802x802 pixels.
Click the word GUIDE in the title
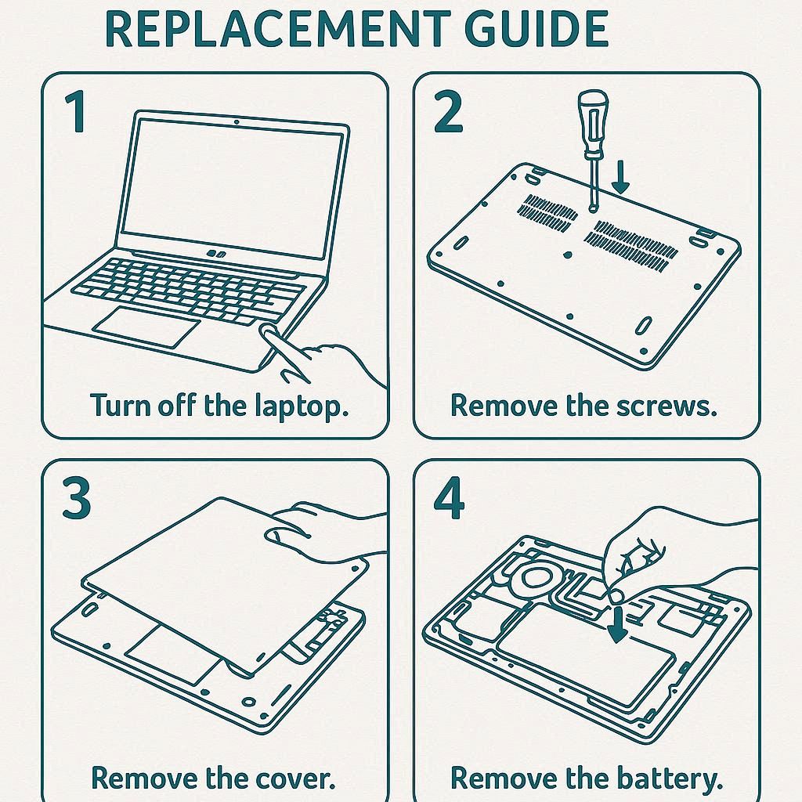coord(536,29)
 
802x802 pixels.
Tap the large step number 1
coord(76,111)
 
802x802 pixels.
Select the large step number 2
coord(447,111)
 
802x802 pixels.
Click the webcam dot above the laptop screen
coord(236,121)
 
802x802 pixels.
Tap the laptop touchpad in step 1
coord(146,327)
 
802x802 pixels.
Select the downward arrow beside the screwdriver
coord(621,177)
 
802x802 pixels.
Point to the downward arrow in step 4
coord(618,624)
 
